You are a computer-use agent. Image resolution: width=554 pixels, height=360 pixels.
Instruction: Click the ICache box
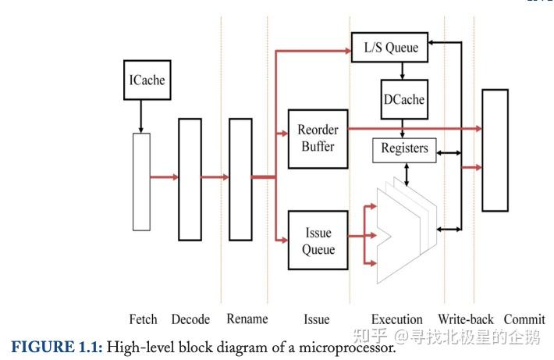(x=147, y=80)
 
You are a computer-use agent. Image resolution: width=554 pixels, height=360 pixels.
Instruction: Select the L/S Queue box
(x=390, y=48)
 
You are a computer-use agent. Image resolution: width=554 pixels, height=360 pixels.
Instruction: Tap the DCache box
(x=403, y=99)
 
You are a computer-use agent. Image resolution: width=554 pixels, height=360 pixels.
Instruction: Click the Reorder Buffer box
(x=318, y=139)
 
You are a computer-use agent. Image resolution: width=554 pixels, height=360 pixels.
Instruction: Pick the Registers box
(x=404, y=148)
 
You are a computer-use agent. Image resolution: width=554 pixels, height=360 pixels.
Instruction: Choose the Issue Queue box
(x=318, y=241)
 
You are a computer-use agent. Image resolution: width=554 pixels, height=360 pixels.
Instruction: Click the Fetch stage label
(x=143, y=319)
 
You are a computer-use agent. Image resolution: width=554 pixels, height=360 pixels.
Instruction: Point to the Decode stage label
(x=190, y=319)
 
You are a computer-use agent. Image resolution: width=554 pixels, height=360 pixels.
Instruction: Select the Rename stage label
(x=247, y=319)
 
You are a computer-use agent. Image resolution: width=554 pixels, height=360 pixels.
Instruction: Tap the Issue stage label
(x=316, y=319)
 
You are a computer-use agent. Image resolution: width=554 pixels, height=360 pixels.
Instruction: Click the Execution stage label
(x=396, y=319)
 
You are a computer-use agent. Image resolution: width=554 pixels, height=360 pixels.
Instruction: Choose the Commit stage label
(x=524, y=319)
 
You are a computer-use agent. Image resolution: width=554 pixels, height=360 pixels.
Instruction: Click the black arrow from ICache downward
(x=141, y=116)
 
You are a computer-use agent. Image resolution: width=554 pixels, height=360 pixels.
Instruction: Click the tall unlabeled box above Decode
(x=190, y=179)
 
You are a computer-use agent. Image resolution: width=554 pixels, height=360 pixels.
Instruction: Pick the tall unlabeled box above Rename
(x=240, y=179)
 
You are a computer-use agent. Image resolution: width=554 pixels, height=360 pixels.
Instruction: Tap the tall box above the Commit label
(x=495, y=150)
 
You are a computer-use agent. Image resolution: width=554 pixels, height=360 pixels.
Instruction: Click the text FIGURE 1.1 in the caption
(x=55, y=346)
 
